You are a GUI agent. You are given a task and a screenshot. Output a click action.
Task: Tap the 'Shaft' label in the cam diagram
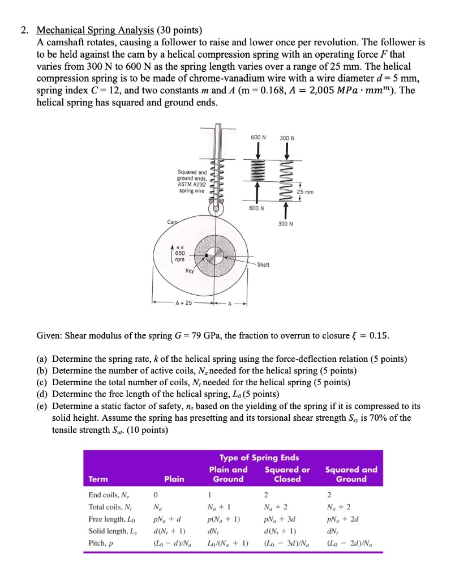click(x=264, y=265)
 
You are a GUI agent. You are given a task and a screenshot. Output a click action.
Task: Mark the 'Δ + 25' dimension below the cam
click(x=185, y=302)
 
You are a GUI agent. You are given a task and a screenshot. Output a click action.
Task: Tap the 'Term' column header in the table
click(x=98, y=479)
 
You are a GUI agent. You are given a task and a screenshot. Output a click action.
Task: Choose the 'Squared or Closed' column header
click(x=287, y=474)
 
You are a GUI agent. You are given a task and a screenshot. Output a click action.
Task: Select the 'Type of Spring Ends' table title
click(x=259, y=458)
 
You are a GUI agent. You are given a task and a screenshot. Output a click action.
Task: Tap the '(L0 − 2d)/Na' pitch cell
click(x=350, y=543)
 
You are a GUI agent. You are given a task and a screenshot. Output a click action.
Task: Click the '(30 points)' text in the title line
click(x=179, y=31)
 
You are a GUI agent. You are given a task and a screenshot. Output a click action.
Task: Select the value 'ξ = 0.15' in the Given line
click(x=370, y=335)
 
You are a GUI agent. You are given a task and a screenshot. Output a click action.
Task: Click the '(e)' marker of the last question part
click(x=42, y=406)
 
